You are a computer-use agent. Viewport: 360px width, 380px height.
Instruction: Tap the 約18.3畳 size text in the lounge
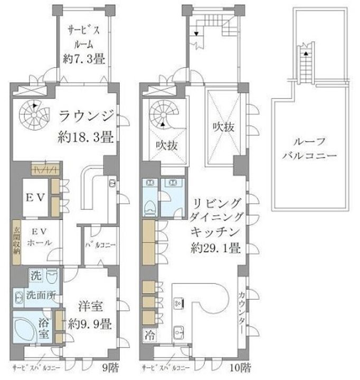86,138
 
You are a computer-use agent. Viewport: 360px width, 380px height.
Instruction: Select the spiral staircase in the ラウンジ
33,112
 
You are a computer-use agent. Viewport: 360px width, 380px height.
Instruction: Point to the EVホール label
35,237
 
